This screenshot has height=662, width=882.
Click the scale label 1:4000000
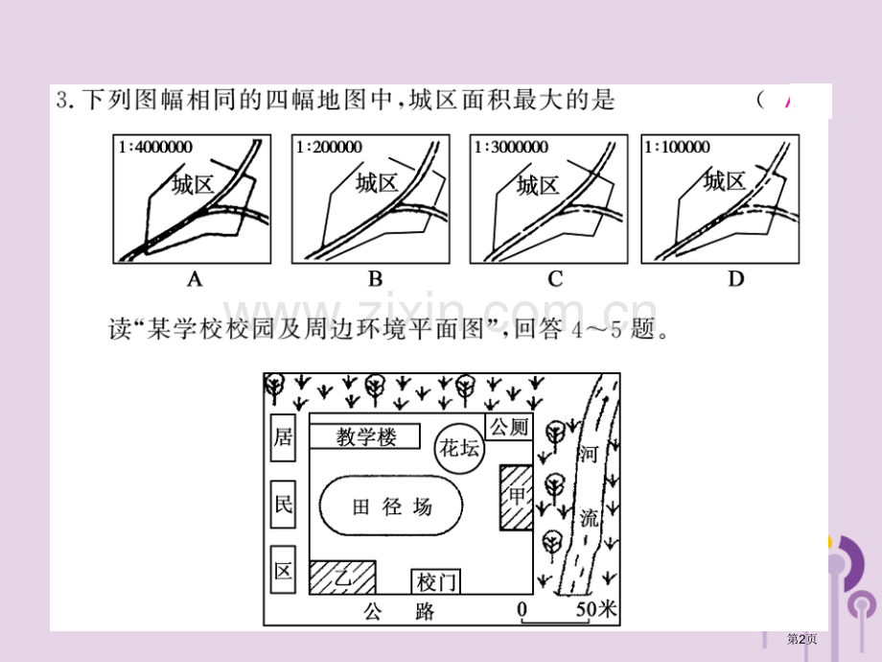point(155,147)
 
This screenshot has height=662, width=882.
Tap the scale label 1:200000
point(329,147)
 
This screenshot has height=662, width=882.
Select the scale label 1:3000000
point(511,147)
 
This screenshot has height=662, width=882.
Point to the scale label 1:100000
point(677,147)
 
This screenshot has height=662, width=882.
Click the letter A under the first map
point(194,278)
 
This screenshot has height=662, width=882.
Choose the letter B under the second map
point(375,278)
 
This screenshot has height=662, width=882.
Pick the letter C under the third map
point(555,278)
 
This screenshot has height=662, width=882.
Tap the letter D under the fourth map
point(735,278)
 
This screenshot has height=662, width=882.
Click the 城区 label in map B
point(377,183)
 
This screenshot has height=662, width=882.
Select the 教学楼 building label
point(366,437)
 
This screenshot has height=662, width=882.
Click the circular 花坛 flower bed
point(459,449)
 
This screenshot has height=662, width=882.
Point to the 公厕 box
point(509,427)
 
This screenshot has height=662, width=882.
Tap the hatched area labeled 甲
point(517,498)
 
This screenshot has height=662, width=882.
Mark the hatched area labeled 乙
point(342,577)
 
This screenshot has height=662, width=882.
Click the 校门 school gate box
point(436,582)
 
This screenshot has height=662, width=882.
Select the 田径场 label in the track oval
point(392,507)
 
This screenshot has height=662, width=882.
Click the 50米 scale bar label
point(596,609)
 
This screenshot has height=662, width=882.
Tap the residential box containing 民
point(283,505)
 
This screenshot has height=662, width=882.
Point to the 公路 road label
point(399,611)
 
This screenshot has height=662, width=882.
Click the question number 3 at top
point(62,100)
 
